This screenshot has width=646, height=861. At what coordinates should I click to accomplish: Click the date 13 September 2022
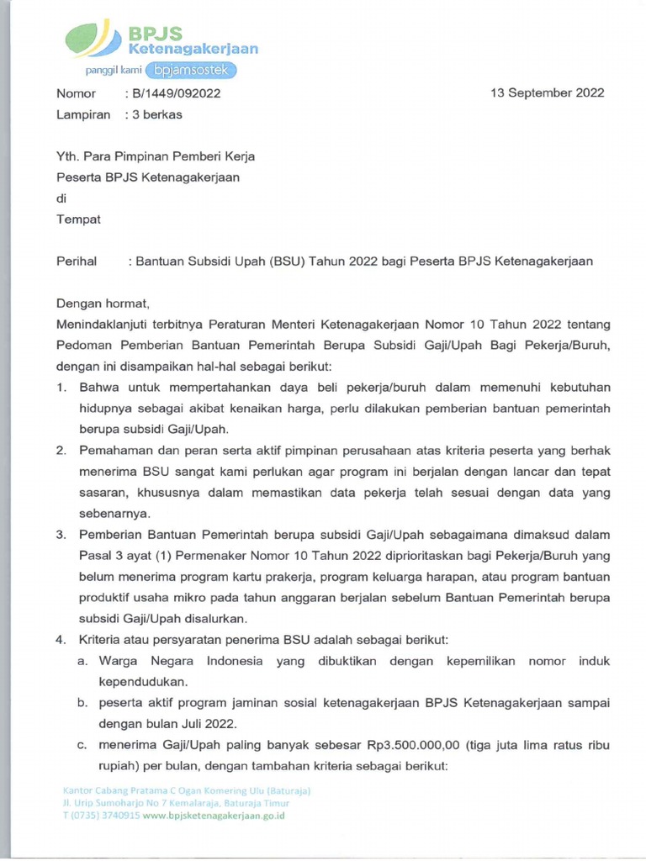547,93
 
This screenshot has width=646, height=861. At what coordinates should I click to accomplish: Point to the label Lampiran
82,114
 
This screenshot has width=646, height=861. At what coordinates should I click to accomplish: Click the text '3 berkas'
156,114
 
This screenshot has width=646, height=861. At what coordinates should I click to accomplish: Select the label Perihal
77,261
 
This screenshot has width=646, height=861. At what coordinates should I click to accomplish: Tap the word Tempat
78,219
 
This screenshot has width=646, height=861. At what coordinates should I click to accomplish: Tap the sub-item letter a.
82,661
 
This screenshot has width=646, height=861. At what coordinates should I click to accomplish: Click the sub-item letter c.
82,745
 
